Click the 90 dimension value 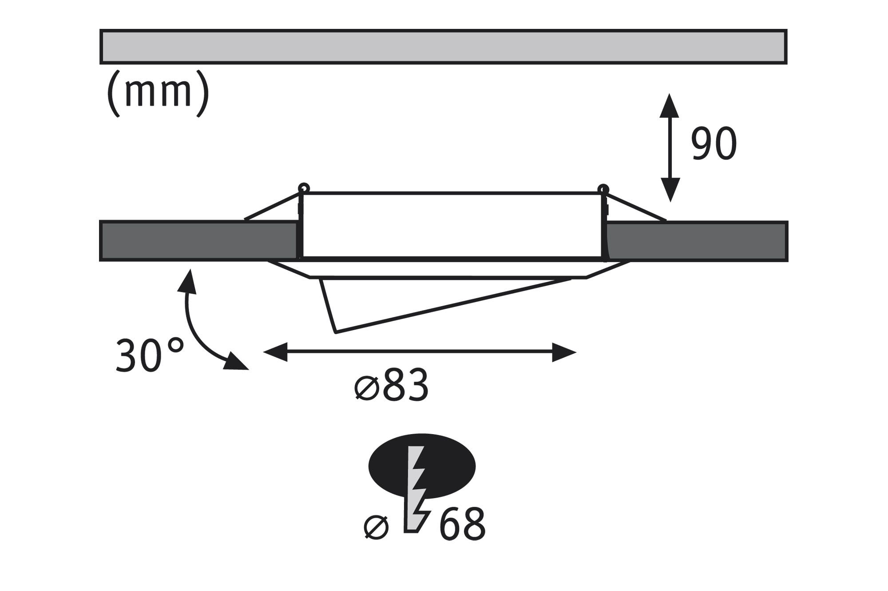(x=714, y=144)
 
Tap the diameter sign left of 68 (x=376, y=527)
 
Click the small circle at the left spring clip (x=304, y=188)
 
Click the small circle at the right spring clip (x=603, y=188)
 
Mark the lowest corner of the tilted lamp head (x=336, y=331)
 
